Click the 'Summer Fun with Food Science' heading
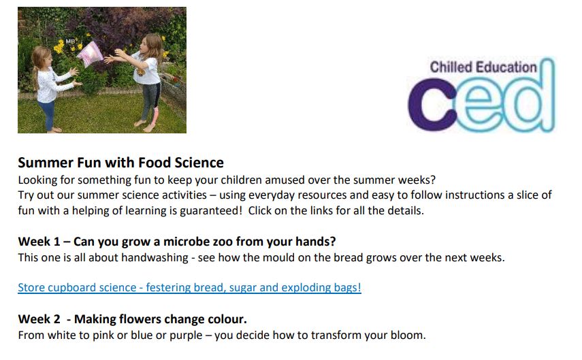120,163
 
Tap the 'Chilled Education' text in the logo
483,67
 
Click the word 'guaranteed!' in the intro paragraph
210,210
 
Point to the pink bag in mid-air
90,50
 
